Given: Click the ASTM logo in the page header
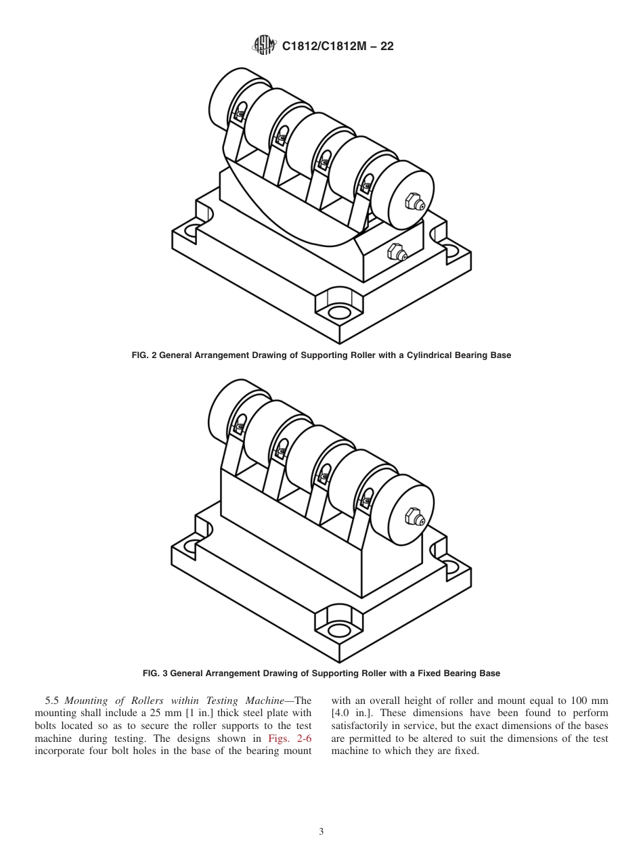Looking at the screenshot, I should tap(263, 46).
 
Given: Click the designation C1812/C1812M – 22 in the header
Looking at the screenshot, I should tap(337, 46).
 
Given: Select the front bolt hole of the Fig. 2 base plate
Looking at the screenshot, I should tap(338, 313).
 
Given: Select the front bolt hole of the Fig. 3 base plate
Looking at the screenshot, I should tap(338, 631).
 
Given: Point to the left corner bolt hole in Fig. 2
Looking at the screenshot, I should tap(191, 228).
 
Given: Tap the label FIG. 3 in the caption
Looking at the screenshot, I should tap(155, 674).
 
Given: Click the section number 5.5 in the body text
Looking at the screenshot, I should tap(52, 701).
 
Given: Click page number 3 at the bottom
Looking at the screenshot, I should tap(321, 832).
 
